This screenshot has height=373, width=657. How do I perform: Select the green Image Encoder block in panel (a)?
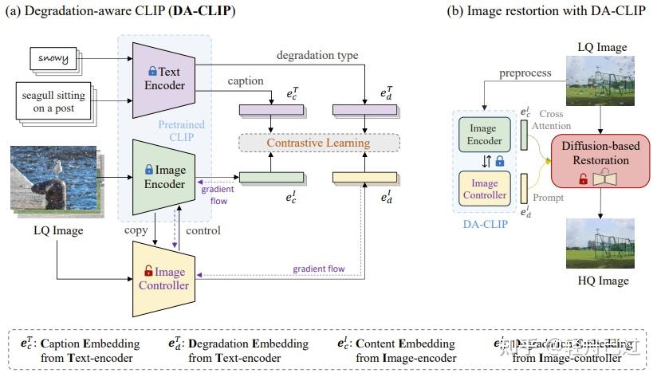click(x=163, y=176)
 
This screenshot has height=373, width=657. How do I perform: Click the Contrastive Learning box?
click(x=318, y=143)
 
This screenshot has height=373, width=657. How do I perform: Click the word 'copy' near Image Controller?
click(x=136, y=230)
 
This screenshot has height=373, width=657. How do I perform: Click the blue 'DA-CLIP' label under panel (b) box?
click(x=484, y=226)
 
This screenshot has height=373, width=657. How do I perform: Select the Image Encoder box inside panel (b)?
click(x=483, y=135)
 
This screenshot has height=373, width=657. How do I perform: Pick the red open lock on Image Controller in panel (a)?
click(x=148, y=271)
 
